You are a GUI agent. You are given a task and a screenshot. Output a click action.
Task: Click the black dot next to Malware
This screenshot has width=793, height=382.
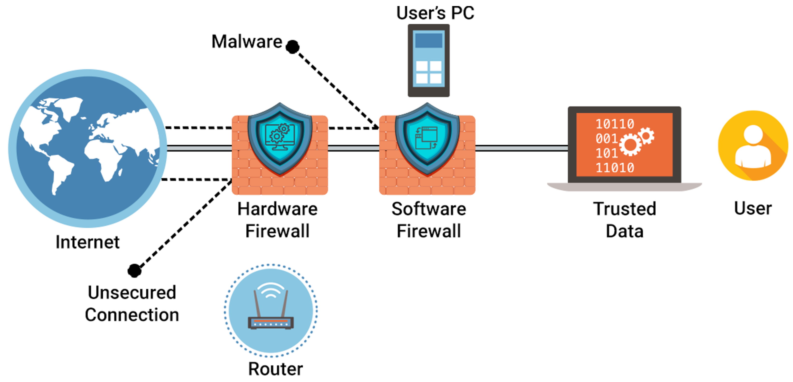[x=292, y=47]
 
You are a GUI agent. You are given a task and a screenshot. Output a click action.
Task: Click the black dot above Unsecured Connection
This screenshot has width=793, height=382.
[x=135, y=271]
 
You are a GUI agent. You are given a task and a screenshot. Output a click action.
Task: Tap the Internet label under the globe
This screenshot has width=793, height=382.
[x=87, y=242]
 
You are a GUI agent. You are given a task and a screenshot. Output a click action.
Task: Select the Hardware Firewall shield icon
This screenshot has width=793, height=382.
[x=280, y=139]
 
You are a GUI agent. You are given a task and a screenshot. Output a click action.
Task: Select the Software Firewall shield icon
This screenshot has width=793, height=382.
[x=427, y=139]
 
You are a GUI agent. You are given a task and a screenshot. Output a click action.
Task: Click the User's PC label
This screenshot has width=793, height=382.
[x=435, y=13]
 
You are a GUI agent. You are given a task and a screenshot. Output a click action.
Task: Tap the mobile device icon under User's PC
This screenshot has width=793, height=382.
[x=429, y=61]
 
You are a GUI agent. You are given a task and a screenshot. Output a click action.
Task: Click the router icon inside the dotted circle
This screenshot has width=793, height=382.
[x=271, y=311]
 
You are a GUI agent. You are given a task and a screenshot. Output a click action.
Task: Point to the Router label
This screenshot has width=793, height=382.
[x=275, y=369]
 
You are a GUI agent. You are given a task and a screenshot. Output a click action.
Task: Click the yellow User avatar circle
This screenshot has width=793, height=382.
[x=753, y=145]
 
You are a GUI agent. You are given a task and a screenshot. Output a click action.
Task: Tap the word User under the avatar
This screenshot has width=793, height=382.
[x=753, y=208]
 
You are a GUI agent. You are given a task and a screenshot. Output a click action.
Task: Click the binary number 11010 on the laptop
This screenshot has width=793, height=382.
[x=615, y=168]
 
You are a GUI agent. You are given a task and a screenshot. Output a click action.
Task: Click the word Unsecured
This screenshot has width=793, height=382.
[x=132, y=292]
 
